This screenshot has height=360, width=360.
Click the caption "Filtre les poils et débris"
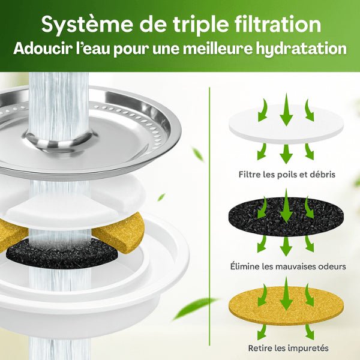tap(286, 175)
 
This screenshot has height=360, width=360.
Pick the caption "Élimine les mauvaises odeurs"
tap(286, 265)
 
